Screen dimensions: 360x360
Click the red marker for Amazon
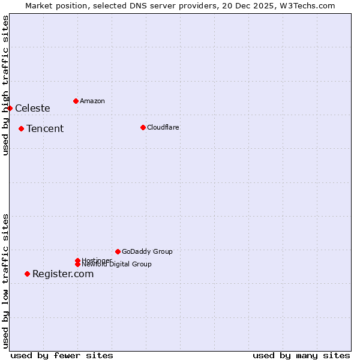(x=76, y=101)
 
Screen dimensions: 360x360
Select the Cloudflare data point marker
(x=143, y=127)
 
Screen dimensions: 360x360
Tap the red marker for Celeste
(x=10, y=108)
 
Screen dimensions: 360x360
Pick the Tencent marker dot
(x=21, y=128)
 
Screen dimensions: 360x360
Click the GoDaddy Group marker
(x=118, y=251)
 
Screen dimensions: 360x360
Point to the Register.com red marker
(x=27, y=274)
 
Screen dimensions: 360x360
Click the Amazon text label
(x=92, y=101)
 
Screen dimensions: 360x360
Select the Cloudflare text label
(x=163, y=127)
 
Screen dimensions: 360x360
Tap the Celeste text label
(x=32, y=108)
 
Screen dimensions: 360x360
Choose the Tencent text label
(x=45, y=128)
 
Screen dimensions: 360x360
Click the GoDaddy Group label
(x=147, y=251)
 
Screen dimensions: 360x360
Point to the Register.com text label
(x=63, y=274)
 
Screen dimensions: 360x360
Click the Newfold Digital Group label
(x=116, y=265)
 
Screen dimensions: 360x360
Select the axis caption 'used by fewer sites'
(x=62, y=355)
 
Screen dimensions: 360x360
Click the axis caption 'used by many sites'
(x=301, y=355)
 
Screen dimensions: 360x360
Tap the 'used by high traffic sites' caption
(x=5, y=85)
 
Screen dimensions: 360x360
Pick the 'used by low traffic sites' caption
(x=5, y=281)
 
